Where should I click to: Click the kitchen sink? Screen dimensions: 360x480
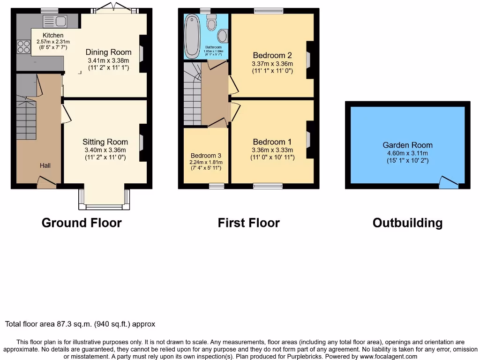point(55,21)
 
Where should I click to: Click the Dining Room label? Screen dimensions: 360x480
point(108,52)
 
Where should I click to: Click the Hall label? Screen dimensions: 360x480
point(45,165)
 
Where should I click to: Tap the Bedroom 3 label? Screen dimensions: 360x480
point(206,156)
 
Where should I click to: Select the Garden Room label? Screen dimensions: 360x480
point(407,145)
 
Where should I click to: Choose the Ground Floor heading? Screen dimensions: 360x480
point(82,223)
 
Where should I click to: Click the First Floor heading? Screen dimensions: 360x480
point(248,223)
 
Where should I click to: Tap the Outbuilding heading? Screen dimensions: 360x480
point(407,223)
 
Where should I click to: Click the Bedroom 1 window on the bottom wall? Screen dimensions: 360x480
point(268,186)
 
